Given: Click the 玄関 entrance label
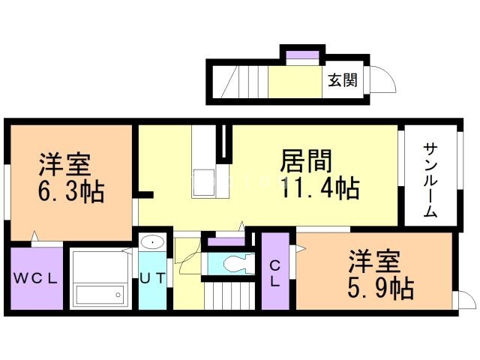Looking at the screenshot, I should coord(342,80).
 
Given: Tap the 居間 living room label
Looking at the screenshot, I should coord(306,160).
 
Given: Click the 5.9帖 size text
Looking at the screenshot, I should coord(381,288).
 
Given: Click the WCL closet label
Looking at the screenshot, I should coord(36,277).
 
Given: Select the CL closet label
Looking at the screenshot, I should coord(274,274).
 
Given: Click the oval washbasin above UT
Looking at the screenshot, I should coord(151,242).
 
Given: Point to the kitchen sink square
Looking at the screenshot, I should coord(203,182).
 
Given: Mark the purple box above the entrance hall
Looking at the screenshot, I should coord(303,58).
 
